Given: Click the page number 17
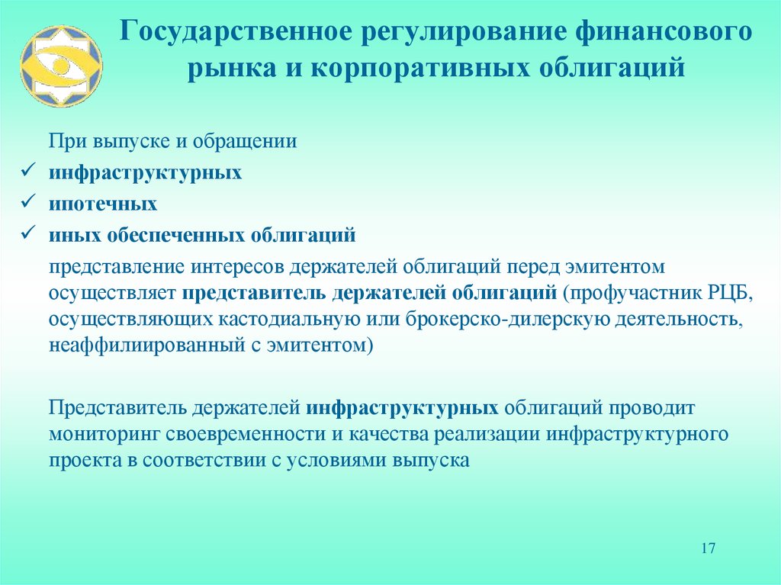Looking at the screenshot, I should pyautogui.click(x=708, y=548).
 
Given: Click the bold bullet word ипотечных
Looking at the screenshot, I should pyautogui.click(x=104, y=204).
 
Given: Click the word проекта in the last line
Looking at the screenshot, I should pyautogui.click(x=85, y=461).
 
